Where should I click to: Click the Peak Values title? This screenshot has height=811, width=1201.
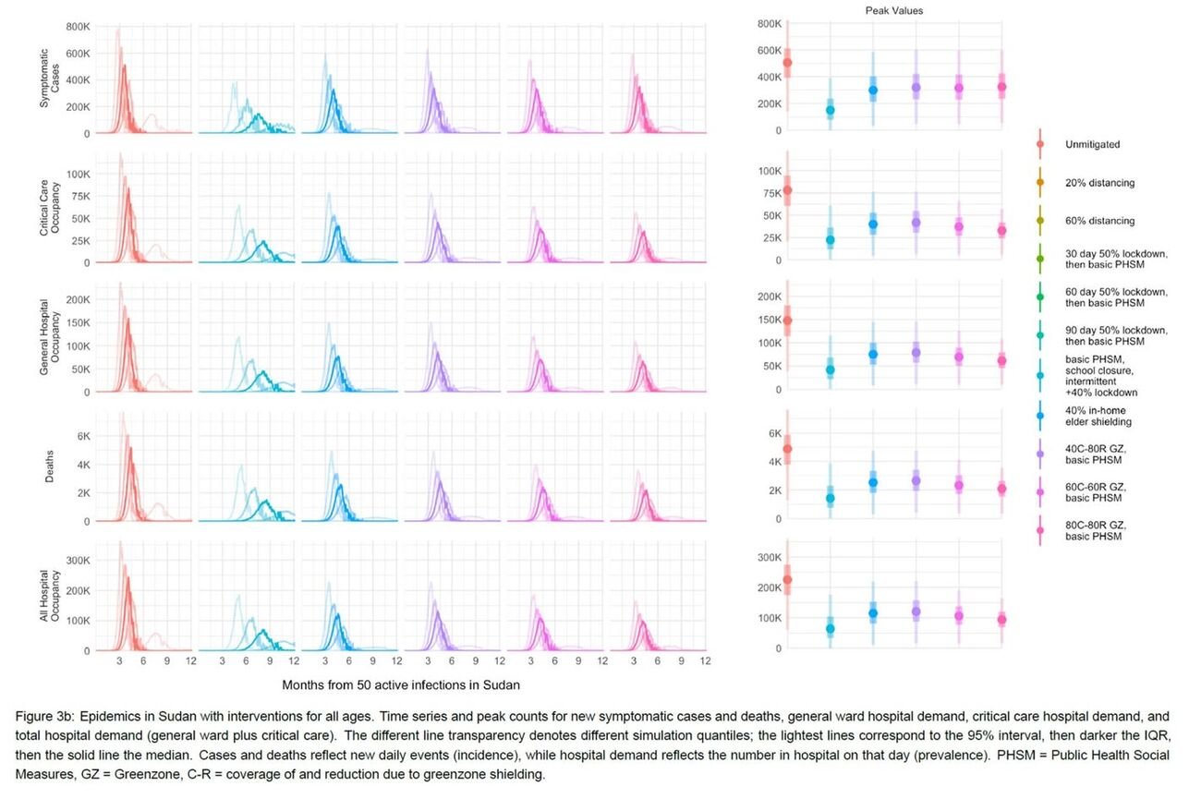[893, 11]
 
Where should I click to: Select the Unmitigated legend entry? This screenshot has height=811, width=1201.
[1092, 144]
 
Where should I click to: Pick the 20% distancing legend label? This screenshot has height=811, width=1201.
[1099, 183]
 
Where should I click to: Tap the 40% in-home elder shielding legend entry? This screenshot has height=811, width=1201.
[1098, 416]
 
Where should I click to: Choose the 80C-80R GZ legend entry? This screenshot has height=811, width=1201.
[1096, 531]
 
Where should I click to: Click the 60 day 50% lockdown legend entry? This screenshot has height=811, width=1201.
[1116, 297]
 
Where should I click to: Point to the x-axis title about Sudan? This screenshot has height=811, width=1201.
[401, 685]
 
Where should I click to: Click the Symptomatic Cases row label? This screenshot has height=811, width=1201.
[50, 79]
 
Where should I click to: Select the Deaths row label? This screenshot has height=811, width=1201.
[49, 466]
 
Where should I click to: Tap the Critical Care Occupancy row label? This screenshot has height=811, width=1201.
[50, 208]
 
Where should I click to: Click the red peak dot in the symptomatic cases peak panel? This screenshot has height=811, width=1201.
[787, 63]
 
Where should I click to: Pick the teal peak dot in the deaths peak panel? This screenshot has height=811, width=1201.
[830, 498]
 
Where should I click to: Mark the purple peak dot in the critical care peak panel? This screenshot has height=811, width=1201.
[916, 223]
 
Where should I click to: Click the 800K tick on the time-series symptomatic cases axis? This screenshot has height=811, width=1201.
[78, 27]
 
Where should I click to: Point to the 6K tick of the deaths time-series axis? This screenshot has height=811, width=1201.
[84, 436]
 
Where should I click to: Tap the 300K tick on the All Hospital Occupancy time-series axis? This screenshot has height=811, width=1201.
[78, 560]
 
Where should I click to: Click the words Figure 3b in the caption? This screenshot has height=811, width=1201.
[44, 717]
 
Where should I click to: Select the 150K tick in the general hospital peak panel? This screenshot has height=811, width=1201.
[770, 320]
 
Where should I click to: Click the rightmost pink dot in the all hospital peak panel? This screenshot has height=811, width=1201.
[1001, 619]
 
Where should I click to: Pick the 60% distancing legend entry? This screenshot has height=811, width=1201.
[1099, 221]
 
